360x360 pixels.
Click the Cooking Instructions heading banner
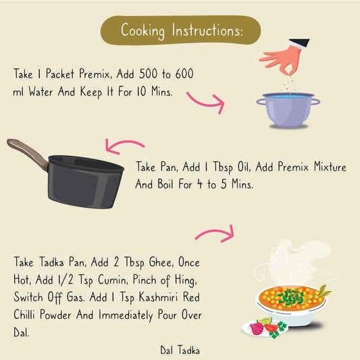180,30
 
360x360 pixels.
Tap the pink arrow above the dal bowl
215,233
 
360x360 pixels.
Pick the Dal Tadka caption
179,350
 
